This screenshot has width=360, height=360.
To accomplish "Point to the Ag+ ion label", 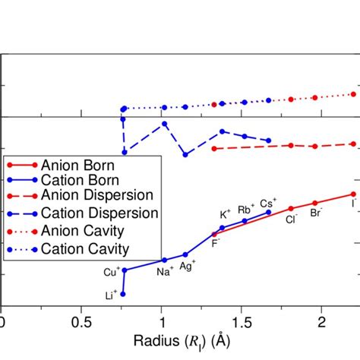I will [188, 264].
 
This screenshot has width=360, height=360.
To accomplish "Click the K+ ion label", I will [226, 215].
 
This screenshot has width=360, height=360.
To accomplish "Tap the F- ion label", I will [216, 242].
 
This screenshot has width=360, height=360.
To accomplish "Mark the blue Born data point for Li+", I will [122, 294].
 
